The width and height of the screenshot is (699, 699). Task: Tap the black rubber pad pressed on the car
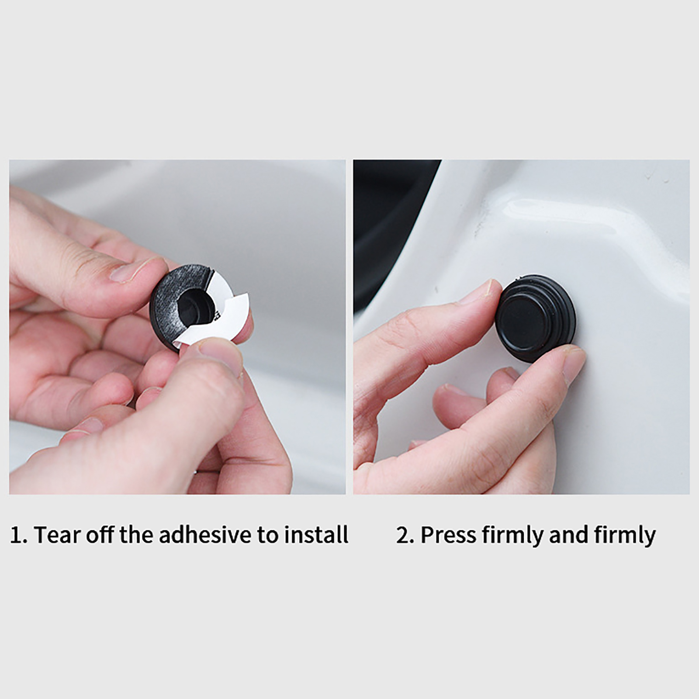tap(536, 318)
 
